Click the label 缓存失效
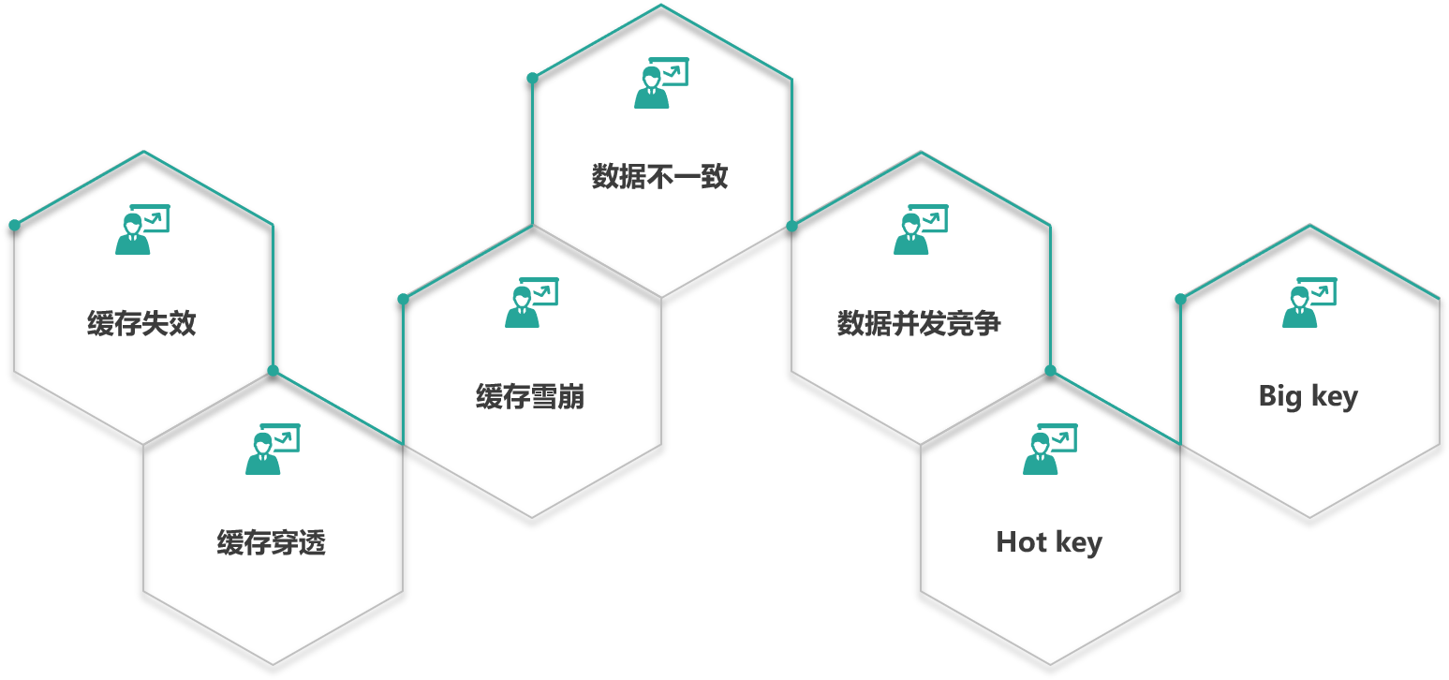click(141, 324)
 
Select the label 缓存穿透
click(271, 542)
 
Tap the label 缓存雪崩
click(530, 397)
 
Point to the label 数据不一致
click(660, 176)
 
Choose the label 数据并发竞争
click(919, 324)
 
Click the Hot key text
click(1049, 542)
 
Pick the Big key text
click(1308, 396)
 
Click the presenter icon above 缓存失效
click(141, 229)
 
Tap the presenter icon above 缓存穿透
click(272, 450)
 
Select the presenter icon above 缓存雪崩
click(531, 303)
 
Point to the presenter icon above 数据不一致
click(660, 83)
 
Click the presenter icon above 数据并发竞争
click(920, 229)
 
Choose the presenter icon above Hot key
click(1049, 450)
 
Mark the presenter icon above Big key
click(1309, 303)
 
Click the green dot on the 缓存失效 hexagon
click(14, 225)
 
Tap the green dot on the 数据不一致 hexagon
click(532, 78)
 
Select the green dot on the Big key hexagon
click(1180, 299)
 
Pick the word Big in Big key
click(1280, 396)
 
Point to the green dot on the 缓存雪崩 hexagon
click(403, 299)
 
